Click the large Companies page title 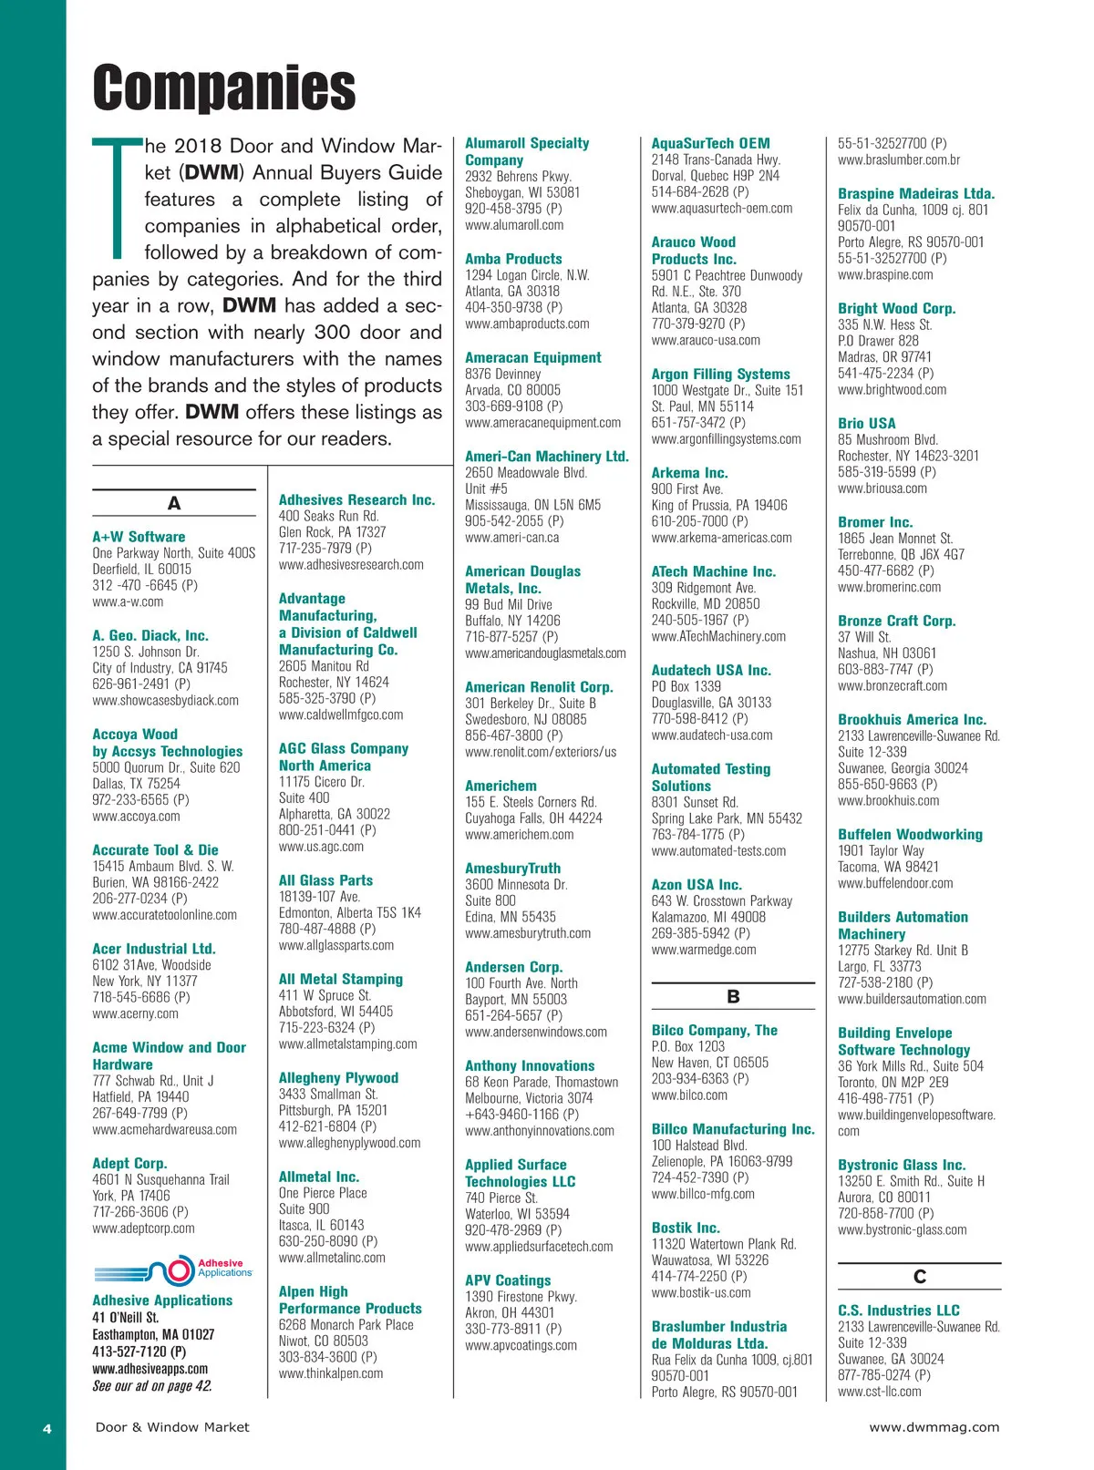(224, 87)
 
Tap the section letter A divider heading (173, 503)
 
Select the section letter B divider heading (733, 996)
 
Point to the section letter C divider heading (919, 1277)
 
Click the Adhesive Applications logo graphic (172, 1270)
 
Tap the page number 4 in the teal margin (47, 1428)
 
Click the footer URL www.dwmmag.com (934, 1427)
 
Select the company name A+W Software (139, 537)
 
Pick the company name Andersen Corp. (513, 966)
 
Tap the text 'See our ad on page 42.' (152, 1386)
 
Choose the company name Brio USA (866, 423)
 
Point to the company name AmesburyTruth (512, 868)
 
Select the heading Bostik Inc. (686, 1228)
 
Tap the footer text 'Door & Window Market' (172, 1427)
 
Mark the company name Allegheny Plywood (338, 1077)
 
